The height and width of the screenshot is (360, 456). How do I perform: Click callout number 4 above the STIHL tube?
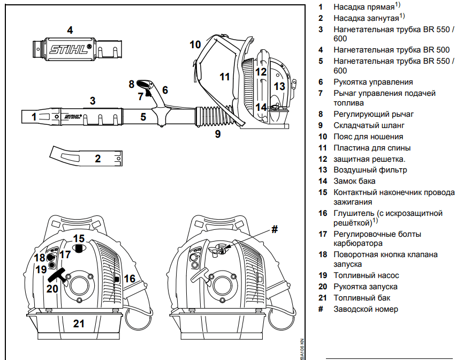tap(70, 30)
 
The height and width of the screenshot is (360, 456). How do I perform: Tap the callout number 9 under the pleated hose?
tap(217, 134)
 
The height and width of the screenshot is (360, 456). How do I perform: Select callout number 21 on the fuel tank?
tap(79, 324)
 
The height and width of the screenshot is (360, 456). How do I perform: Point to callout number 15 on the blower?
tap(79, 238)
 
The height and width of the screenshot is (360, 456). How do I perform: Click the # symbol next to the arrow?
tap(275, 229)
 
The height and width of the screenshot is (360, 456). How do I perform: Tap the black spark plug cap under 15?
tap(79, 249)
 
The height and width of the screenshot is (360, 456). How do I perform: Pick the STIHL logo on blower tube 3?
tap(72, 115)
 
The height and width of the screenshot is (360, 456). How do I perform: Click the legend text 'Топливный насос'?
tap(366, 275)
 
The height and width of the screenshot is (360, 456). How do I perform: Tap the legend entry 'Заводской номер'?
tap(366, 309)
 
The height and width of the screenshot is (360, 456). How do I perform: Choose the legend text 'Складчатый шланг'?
tap(369, 125)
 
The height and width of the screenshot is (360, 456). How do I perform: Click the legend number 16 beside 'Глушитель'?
tap(322, 213)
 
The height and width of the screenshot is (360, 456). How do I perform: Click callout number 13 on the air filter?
tap(279, 86)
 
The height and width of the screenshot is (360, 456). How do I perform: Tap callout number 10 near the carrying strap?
tap(195, 44)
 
